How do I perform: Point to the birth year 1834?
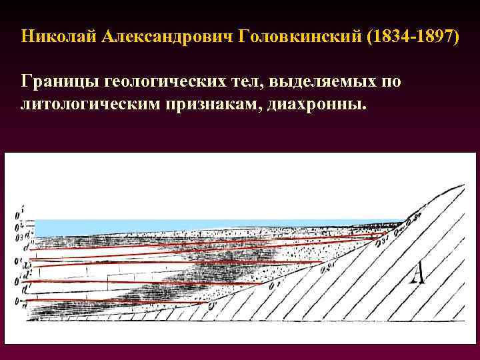387,35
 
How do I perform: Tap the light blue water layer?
200,227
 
